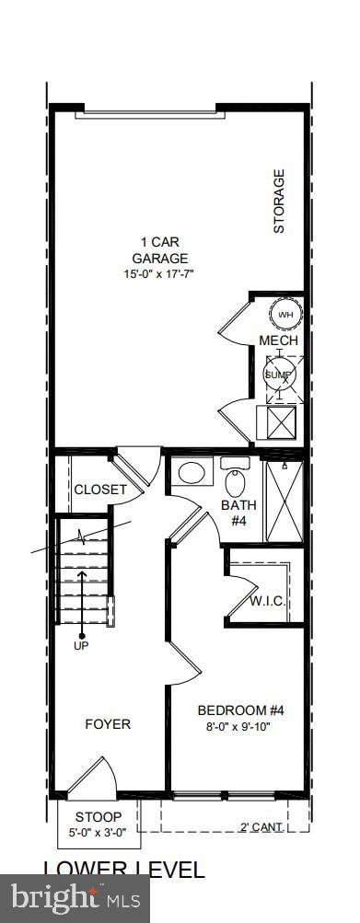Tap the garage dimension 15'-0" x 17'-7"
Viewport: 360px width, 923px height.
[160, 274]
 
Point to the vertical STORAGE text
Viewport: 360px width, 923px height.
[279, 201]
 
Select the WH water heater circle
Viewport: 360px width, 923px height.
[285, 314]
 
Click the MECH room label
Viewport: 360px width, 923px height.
[278, 341]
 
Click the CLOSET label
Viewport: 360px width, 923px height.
[99, 490]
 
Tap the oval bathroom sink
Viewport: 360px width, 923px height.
[192, 474]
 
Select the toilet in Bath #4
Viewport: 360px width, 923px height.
[236, 479]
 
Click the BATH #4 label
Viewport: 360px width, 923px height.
[238, 513]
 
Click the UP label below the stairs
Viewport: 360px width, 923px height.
[82, 646]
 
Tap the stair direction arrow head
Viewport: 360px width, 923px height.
[82, 573]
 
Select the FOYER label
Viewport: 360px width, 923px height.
[108, 723]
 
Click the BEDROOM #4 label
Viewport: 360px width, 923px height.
[236, 710]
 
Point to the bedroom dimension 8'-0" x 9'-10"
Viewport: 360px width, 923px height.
[236, 725]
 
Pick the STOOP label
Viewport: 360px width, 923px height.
[98, 816]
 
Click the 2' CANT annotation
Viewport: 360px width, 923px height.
[261, 826]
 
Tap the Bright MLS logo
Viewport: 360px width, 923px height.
[75, 896]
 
